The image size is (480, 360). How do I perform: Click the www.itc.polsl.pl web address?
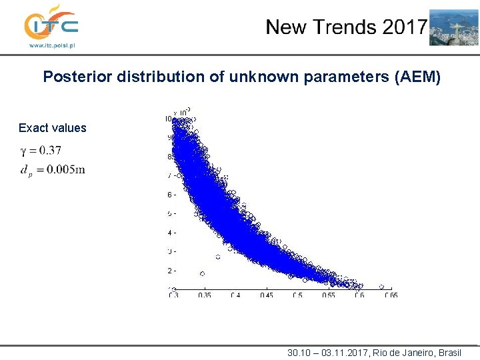tap(51, 46)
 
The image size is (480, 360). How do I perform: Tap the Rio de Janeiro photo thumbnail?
tap(453, 27)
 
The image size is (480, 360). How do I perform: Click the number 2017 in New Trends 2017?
tap(404, 27)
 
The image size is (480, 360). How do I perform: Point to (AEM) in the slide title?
tap(417, 77)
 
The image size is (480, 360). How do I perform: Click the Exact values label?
tap(53, 128)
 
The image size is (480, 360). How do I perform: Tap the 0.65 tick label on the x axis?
tap(390, 295)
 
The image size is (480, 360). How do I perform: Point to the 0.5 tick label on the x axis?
tap(297, 295)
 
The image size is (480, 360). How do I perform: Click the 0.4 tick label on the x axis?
tap(236, 295)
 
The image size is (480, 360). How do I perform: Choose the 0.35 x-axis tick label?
tap(205, 295)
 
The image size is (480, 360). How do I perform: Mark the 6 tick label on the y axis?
tap(169, 195)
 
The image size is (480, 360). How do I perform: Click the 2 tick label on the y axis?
tap(169, 271)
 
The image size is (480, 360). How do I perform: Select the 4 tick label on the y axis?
tap(169, 233)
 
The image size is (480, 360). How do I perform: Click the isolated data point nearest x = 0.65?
tap(382, 287)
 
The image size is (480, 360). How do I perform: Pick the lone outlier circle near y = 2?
tap(203, 273)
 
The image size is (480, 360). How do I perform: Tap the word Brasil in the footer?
tap(448, 352)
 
